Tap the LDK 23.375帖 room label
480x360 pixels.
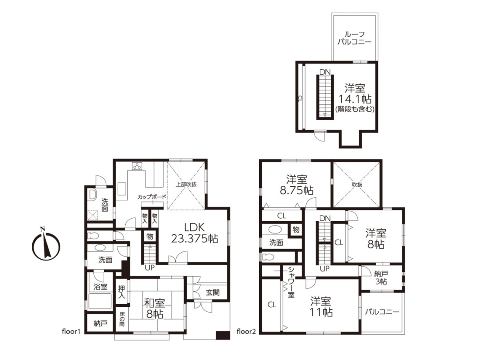click(194, 233)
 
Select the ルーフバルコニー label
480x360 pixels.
click(354, 38)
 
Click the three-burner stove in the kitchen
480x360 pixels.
click(137, 166)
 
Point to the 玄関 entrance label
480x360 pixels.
click(213, 292)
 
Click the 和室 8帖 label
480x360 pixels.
click(154, 309)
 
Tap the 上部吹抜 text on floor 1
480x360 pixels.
click(186, 185)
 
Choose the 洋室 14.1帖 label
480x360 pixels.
click(355, 94)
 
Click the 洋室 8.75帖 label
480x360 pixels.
click(297, 185)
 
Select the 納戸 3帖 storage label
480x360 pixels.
click(381, 278)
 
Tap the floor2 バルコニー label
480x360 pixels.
click(382, 312)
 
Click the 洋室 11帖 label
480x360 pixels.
click(321, 306)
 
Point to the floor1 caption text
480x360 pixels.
click(71, 331)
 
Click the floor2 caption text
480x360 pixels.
click(246, 331)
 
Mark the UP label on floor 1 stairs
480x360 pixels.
click(150, 268)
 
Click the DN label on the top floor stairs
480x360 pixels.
click(325, 72)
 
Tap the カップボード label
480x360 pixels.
click(152, 197)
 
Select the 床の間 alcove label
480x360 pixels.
click(122, 319)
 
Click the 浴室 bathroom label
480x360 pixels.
click(100, 287)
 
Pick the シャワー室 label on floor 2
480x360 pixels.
click(291, 282)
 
